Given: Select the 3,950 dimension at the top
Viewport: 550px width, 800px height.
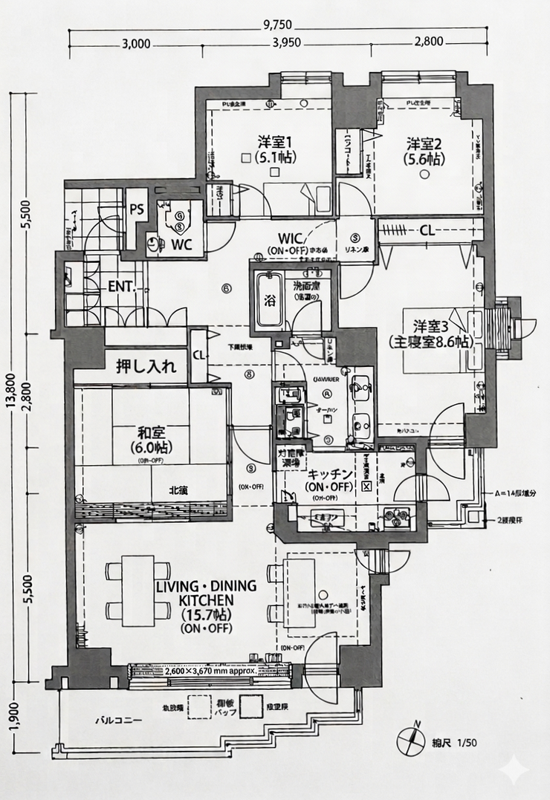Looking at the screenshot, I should (286, 42).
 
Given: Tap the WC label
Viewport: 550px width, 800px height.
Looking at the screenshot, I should (183, 244).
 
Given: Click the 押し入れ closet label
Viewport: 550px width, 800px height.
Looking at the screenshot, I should (146, 366).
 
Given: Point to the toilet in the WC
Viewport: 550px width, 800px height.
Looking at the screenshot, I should (178, 217).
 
